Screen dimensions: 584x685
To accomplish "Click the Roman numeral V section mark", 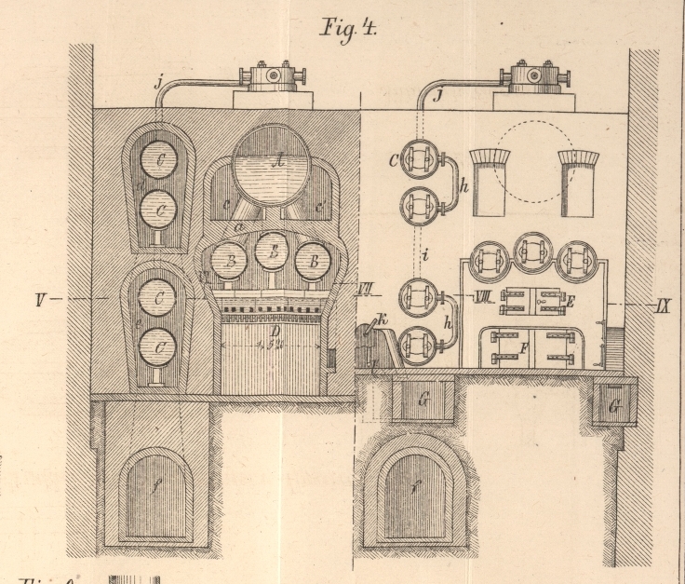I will pyautogui.click(x=42, y=300).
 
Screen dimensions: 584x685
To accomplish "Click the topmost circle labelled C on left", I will pyautogui.click(x=165, y=161).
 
